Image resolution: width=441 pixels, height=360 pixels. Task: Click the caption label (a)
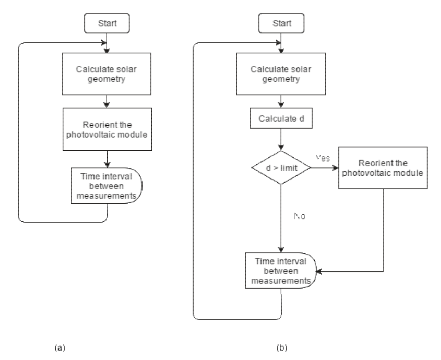point(59,347)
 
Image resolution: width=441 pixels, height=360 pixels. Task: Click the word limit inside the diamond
point(290,167)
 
